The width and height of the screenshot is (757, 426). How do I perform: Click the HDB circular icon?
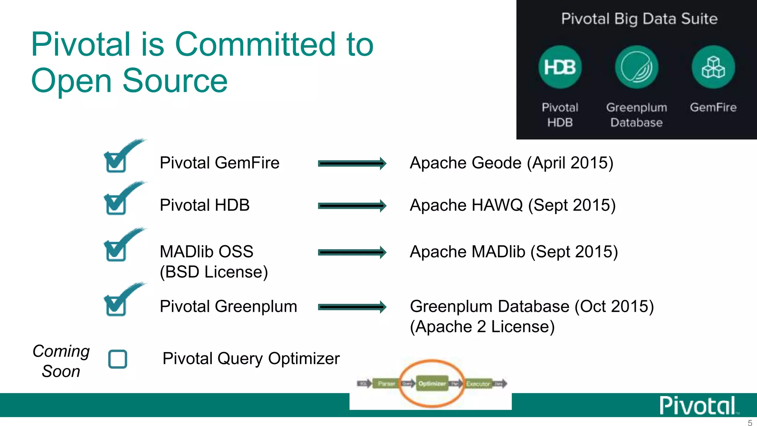(560, 67)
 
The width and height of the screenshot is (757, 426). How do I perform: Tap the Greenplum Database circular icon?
(636, 67)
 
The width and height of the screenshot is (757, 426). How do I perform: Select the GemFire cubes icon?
(713, 67)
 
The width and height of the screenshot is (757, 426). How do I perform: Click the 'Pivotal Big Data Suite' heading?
(639, 18)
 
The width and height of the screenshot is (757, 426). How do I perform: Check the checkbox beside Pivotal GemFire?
(116, 162)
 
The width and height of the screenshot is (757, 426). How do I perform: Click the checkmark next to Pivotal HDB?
(116, 204)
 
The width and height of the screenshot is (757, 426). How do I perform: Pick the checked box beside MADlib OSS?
(116, 251)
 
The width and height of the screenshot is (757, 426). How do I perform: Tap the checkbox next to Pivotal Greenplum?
(116, 306)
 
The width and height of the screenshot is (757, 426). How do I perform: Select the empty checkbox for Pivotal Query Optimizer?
(118, 359)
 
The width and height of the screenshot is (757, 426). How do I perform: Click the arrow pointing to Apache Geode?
(352, 163)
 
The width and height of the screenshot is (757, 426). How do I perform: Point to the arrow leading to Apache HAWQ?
(352, 206)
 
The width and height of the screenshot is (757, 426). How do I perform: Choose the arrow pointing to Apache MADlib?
(352, 253)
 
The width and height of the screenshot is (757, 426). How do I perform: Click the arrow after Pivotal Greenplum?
(352, 307)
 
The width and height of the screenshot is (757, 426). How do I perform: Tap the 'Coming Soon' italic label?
(61, 361)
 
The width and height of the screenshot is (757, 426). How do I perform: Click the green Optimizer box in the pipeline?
(432, 384)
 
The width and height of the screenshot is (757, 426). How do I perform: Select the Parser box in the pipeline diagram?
(386, 384)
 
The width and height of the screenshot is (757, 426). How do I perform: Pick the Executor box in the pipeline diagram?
(478, 384)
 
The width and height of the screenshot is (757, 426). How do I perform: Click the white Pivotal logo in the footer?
(698, 406)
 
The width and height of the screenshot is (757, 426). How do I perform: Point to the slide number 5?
(750, 423)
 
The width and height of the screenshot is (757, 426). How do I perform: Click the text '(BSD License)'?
(214, 272)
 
